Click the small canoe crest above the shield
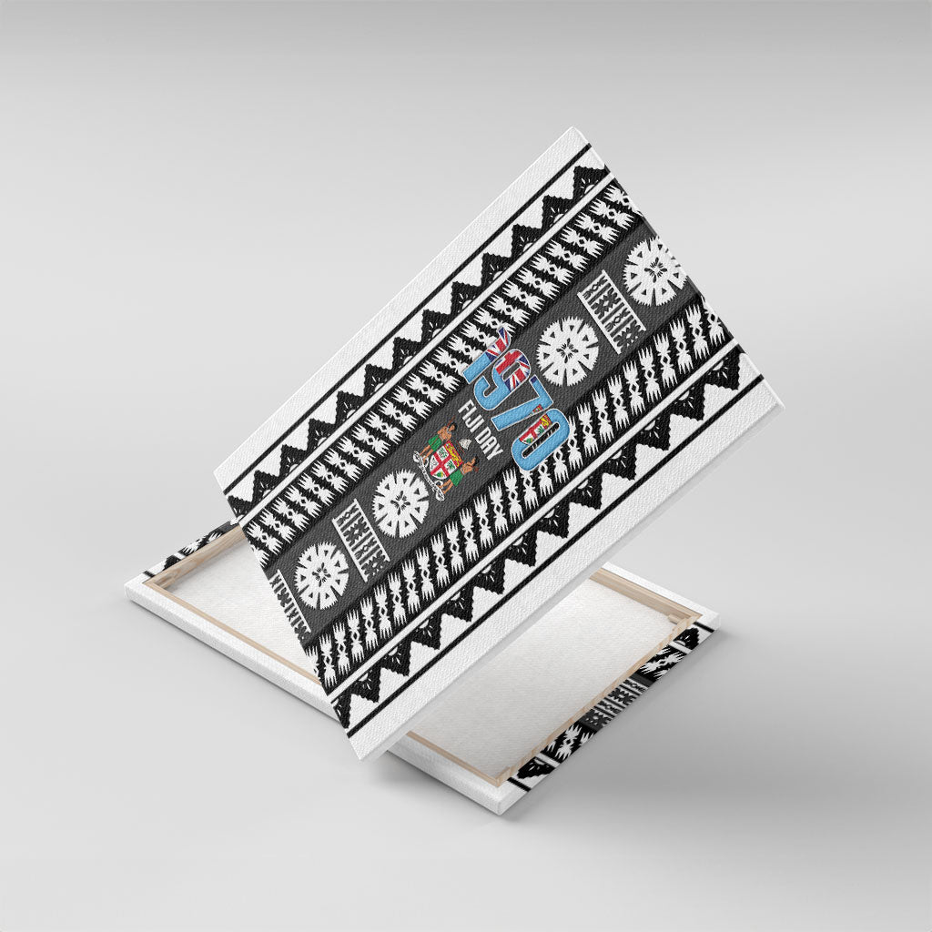[461, 446]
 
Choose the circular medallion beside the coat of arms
[400, 503]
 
